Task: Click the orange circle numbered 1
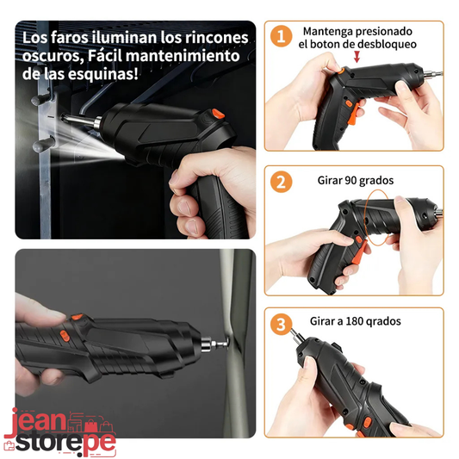(x=281, y=36)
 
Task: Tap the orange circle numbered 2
(x=281, y=182)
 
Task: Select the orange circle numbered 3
(x=281, y=325)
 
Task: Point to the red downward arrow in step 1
(x=357, y=57)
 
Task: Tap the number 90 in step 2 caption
(x=350, y=180)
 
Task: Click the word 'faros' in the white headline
(x=69, y=38)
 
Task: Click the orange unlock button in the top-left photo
(x=218, y=114)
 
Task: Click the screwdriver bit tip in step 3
(x=292, y=330)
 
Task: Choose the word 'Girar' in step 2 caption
(x=330, y=180)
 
